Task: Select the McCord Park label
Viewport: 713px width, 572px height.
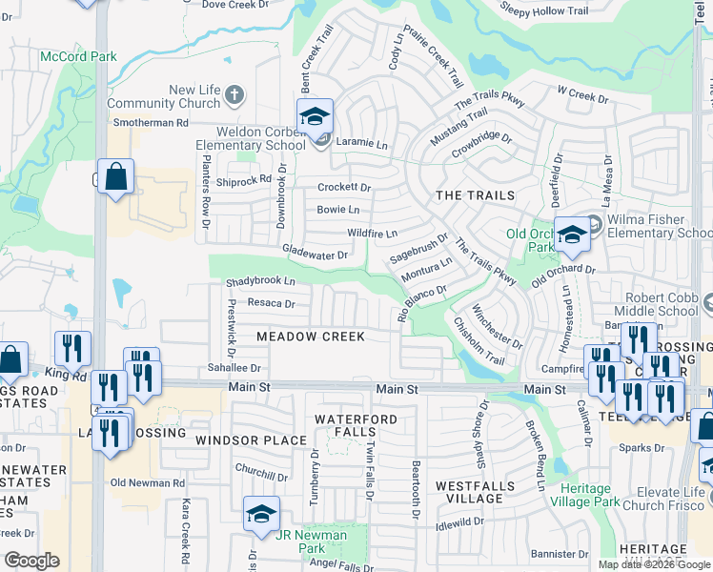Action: coord(78,57)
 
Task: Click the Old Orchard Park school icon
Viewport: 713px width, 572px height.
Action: coord(572,235)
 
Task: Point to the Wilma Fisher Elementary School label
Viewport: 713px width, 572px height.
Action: coord(649,227)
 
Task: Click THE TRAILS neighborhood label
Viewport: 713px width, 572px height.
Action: coord(475,195)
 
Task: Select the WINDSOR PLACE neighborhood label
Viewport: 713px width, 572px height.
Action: coord(251,440)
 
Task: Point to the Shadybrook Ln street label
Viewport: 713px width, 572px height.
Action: coord(260,282)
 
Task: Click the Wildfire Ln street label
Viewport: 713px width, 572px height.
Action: coord(371,233)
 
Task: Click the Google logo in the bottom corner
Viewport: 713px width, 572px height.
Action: coord(31,561)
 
